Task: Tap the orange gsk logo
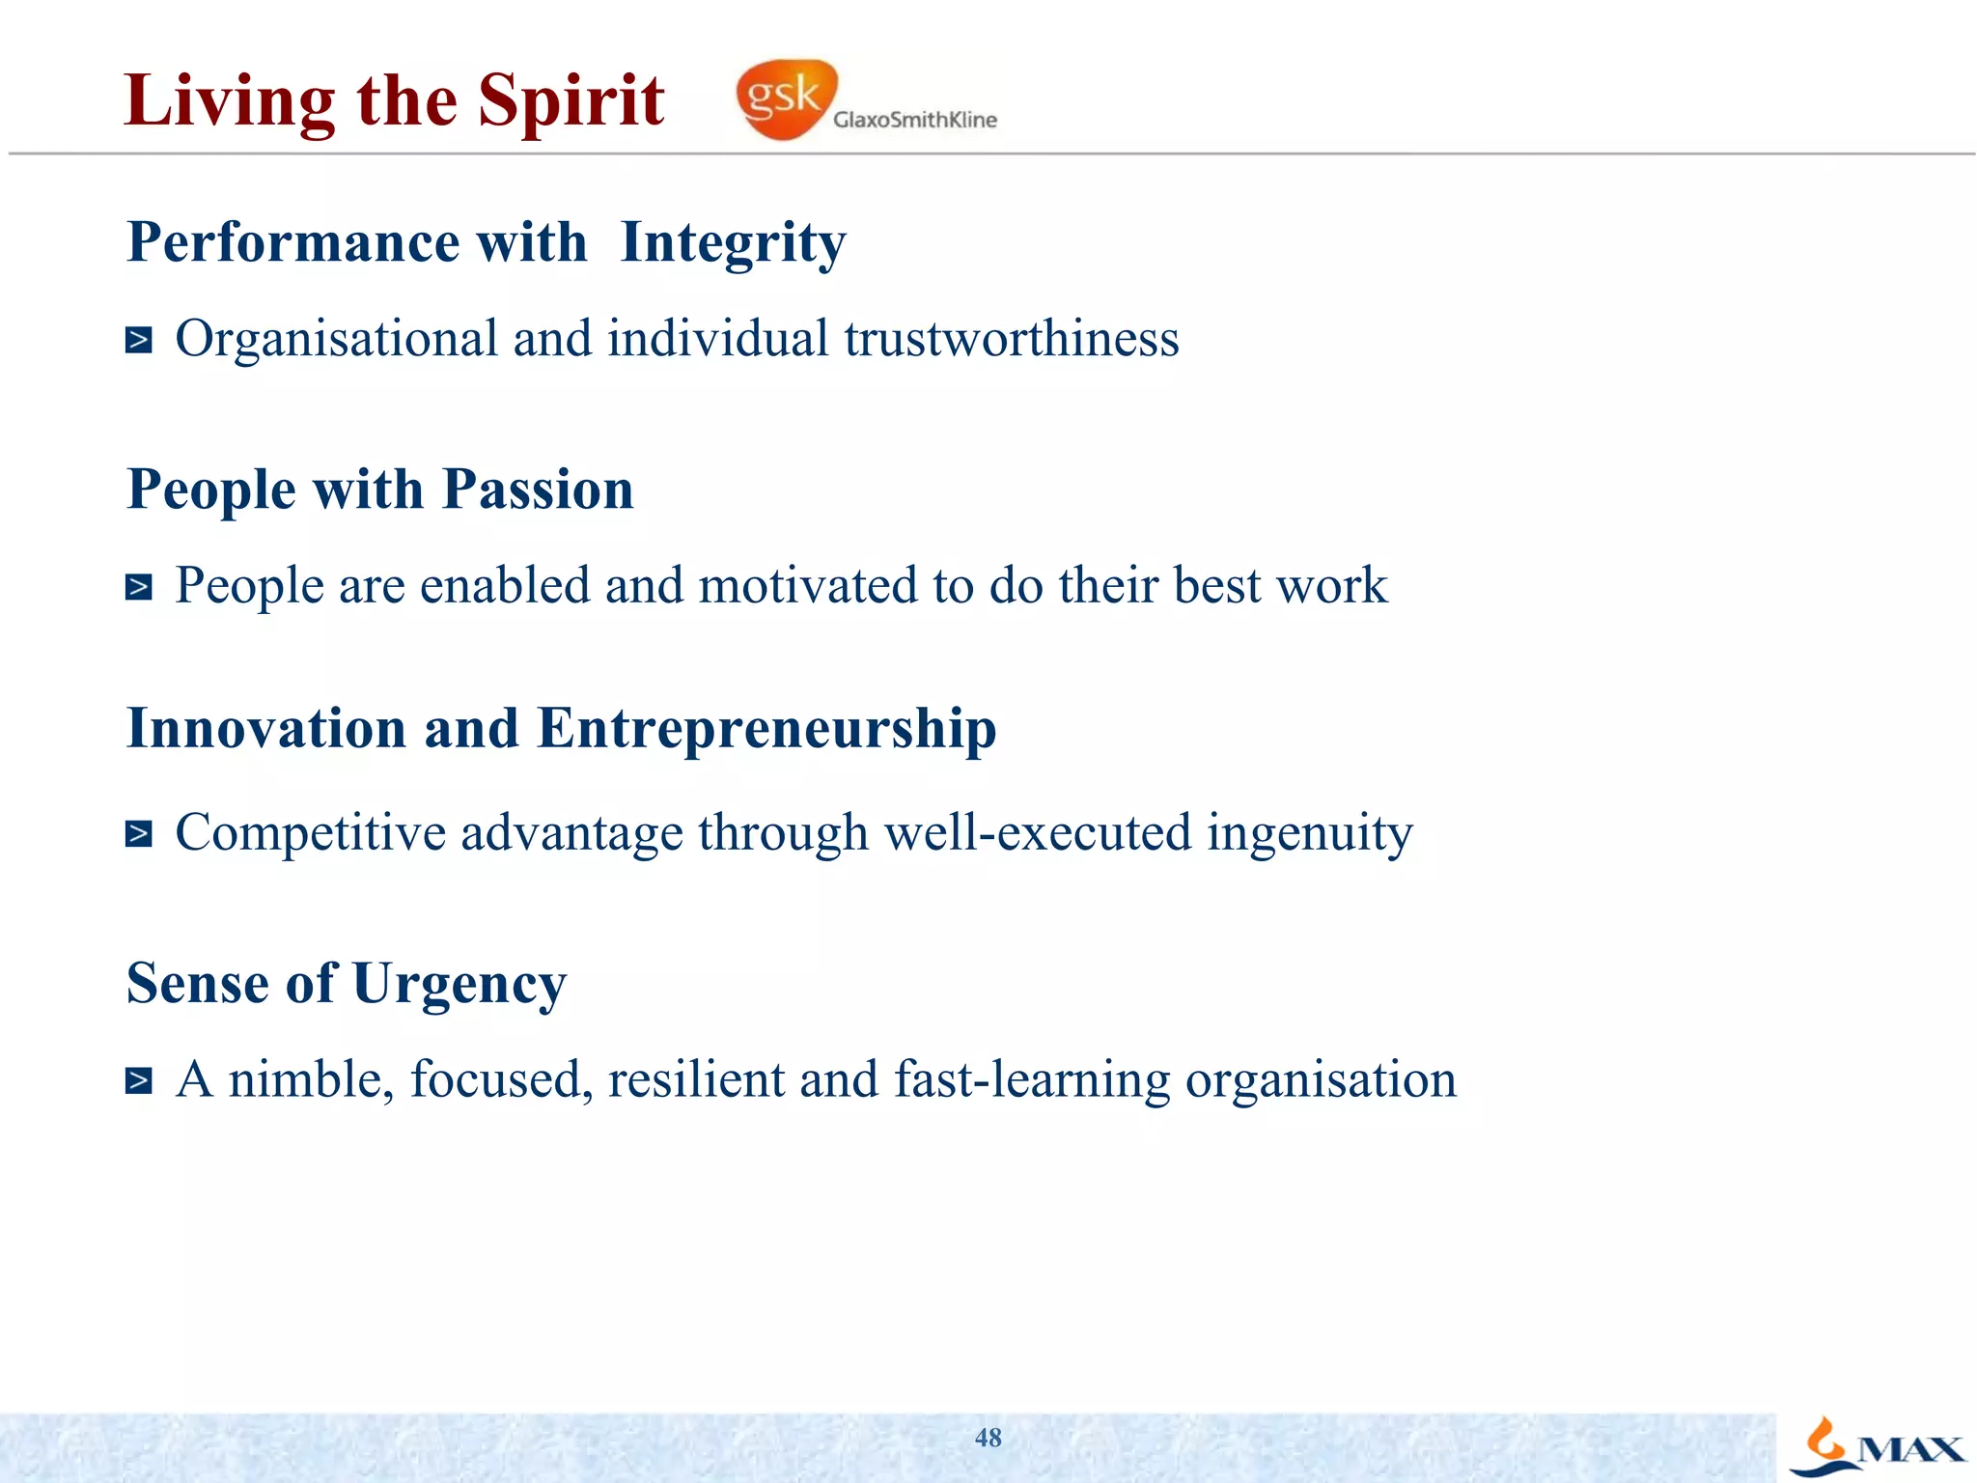(785, 98)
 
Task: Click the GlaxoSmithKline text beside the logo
(914, 120)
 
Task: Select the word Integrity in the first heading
(733, 242)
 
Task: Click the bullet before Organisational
(139, 340)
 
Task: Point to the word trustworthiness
(1011, 339)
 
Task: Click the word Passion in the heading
(538, 490)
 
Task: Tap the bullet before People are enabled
(139, 587)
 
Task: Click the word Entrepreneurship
(766, 728)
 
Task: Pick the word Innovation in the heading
(266, 728)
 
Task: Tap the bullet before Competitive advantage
(139, 833)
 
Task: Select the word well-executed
(1038, 833)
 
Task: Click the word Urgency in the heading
(459, 984)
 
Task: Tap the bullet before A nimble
(139, 1080)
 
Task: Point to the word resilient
(695, 1079)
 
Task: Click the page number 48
(988, 1438)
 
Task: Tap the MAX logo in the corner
(1878, 1447)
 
